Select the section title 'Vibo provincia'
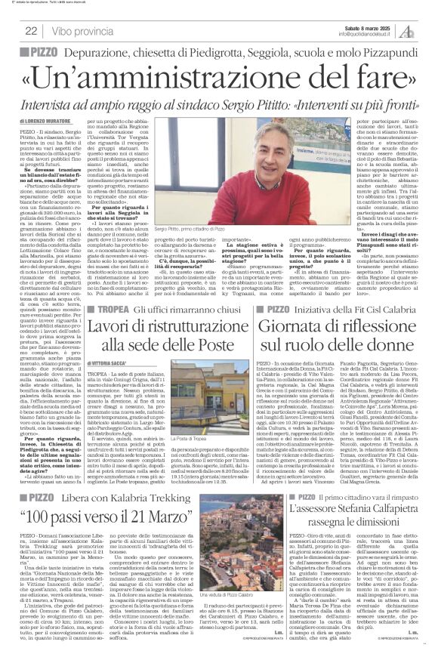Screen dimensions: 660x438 (x=84, y=31)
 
